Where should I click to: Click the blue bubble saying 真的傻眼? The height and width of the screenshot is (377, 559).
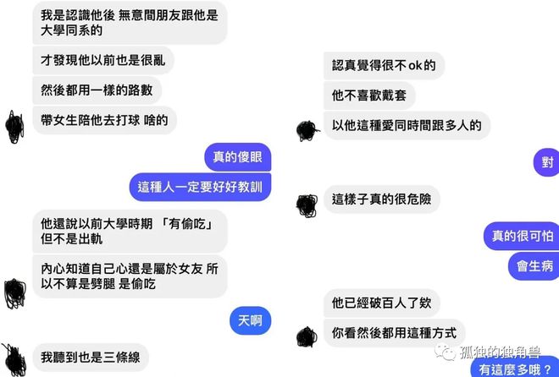[x=238, y=157]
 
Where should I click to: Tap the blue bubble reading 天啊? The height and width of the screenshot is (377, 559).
[x=250, y=321]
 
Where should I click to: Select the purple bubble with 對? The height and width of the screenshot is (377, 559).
[x=546, y=162]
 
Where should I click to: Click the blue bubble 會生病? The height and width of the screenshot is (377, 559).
[x=534, y=266]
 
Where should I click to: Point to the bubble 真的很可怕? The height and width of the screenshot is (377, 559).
[x=521, y=236]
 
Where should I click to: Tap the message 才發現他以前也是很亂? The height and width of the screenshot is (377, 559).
[x=103, y=60]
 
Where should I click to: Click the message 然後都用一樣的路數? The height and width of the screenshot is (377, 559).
[x=97, y=90]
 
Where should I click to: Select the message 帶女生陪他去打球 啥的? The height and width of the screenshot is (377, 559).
[x=105, y=120]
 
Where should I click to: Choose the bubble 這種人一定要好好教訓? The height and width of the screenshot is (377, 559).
[x=200, y=187]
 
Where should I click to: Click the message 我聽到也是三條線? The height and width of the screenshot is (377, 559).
[x=91, y=358]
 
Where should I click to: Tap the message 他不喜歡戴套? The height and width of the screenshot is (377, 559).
[x=369, y=96]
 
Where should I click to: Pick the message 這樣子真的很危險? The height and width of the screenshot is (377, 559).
[x=382, y=199]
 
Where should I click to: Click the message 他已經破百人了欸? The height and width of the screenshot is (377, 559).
[x=382, y=303]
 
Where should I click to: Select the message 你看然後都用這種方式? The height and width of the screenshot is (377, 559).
[x=395, y=333]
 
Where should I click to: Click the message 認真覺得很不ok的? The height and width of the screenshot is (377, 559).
[x=384, y=65]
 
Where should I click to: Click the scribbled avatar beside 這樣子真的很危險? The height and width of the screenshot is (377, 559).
[x=307, y=205]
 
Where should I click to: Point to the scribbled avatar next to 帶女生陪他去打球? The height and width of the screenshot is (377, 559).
[x=15, y=127]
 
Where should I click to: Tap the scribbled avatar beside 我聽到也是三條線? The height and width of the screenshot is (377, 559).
[x=14, y=360]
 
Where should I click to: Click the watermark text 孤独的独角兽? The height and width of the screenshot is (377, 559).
[x=500, y=352]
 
